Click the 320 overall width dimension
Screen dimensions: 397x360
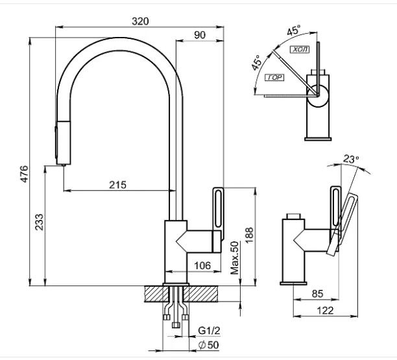coord(140,21)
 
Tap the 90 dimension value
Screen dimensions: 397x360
coord(200,35)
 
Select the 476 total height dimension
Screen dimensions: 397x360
coord(25,174)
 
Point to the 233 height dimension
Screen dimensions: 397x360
coord(39,222)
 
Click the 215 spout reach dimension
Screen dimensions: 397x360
coord(117,185)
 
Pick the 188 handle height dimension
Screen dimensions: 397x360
coord(249,235)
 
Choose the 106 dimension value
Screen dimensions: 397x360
coord(202,265)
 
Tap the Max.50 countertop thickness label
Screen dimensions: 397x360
coord(235,258)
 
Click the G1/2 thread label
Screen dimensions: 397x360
coord(209,330)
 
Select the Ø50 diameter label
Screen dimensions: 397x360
coord(208,345)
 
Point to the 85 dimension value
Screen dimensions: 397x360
coord(317,294)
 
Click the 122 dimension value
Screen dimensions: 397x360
coord(326,311)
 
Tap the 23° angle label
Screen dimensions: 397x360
coord(351,159)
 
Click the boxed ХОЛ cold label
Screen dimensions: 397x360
coord(300,49)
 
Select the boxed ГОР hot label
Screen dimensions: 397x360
coord(274,77)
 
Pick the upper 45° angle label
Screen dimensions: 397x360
coord(294,30)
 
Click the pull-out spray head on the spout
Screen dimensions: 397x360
coord(63,143)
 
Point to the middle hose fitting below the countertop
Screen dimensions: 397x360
coord(175,325)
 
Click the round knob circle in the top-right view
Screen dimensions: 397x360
coord(317,96)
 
